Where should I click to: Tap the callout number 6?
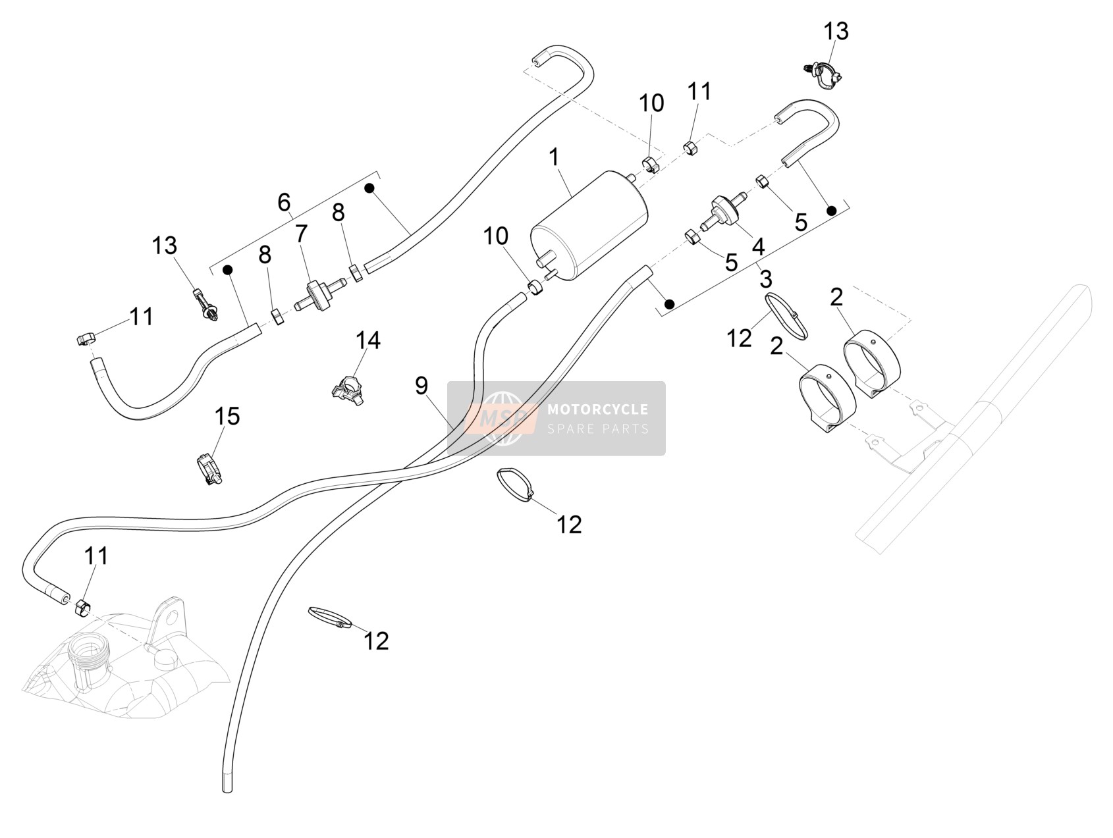(x=284, y=203)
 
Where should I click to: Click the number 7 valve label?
(x=302, y=233)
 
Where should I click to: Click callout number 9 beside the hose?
(x=421, y=385)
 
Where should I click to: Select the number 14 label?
(x=368, y=340)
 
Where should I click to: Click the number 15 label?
(x=227, y=416)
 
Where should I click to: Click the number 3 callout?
(x=765, y=279)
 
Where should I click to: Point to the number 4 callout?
(x=758, y=247)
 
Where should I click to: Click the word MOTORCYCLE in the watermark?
(x=598, y=409)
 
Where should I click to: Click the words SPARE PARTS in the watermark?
(x=598, y=429)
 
